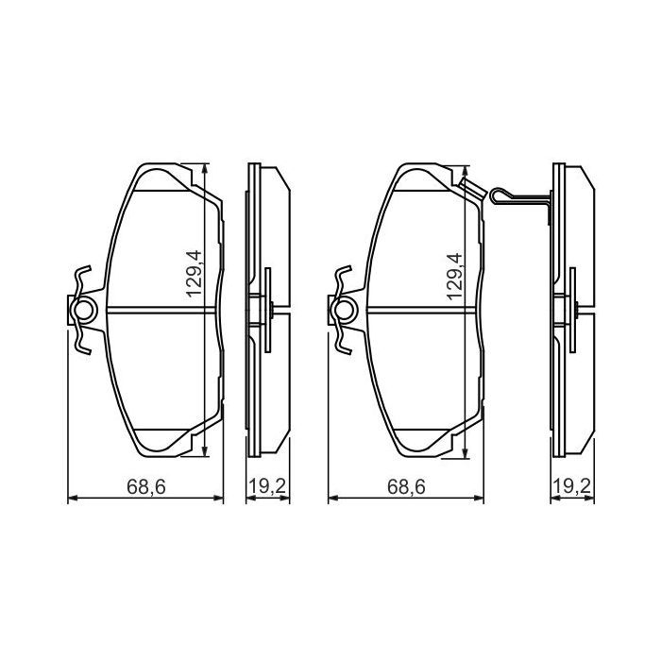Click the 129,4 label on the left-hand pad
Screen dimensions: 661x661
195,274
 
